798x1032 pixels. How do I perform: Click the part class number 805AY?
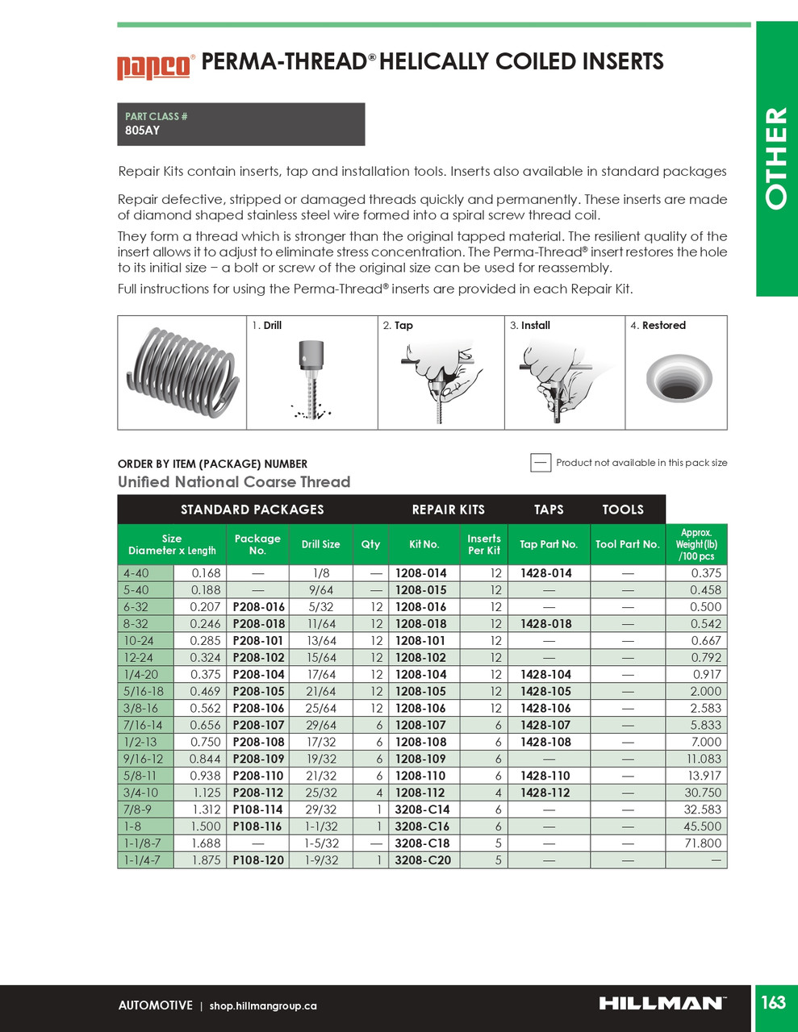pyautogui.click(x=142, y=131)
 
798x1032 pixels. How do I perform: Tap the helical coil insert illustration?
pyautogui.click(x=182, y=372)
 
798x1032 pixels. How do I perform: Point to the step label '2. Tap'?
pyautogui.click(x=398, y=326)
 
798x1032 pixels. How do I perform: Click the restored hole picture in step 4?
pyautogui.click(x=679, y=377)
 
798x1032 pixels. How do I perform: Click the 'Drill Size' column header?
pyautogui.click(x=320, y=544)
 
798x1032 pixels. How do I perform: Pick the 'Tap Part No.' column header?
pyautogui.click(x=548, y=544)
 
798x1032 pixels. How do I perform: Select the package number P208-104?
pyautogui.click(x=258, y=675)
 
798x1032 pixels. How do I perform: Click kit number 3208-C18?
pyautogui.click(x=422, y=843)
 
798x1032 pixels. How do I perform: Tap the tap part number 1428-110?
pyautogui.click(x=545, y=776)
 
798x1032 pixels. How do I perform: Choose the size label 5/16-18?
pyautogui.click(x=144, y=692)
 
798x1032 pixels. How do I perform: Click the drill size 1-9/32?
pyautogui.click(x=320, y=860)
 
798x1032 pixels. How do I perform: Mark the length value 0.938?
pyautogui.click(x=206, y=776)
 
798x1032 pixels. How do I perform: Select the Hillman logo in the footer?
pyautogui.click(x=662, y=1004)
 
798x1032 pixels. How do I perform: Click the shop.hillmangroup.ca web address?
pyautogui.click(x=263, y=1006)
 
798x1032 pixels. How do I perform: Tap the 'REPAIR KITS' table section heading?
pyautogui.click(x=448, y=510)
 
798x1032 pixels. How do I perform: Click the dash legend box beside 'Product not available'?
pyautogui.click(x=541, y=463)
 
